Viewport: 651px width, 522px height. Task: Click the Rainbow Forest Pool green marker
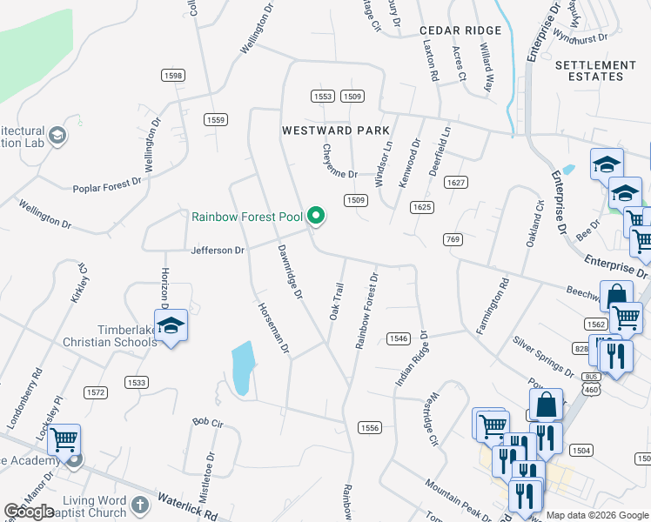click(317, 216)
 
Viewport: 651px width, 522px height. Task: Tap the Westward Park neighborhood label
click(336, 130)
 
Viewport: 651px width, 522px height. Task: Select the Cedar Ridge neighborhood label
click(460, 30)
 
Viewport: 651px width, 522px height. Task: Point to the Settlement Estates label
click(595, 70)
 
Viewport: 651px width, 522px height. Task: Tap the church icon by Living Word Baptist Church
click(140, 505)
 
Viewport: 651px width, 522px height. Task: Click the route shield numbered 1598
click(172, 76)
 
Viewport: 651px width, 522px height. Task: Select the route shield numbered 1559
click(216, 119)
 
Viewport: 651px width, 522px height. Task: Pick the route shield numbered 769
click(452, 239)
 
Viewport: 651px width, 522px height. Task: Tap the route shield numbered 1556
click(370, 426)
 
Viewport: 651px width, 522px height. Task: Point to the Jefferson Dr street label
click(218, 251)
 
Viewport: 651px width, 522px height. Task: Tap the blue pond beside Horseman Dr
click(243, 367)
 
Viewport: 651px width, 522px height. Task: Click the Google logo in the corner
click(29, 512)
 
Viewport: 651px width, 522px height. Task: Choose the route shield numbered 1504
click(581, 450)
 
